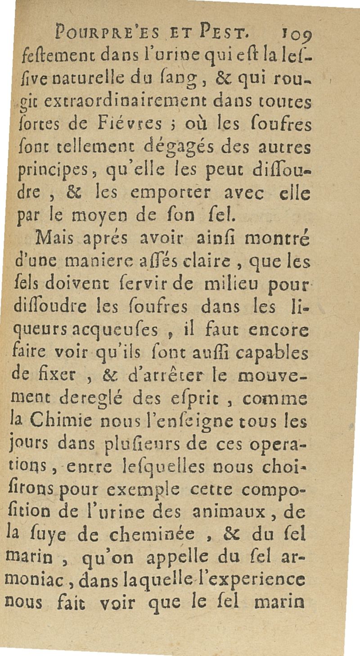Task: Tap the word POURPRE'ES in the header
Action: click(104, 32)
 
